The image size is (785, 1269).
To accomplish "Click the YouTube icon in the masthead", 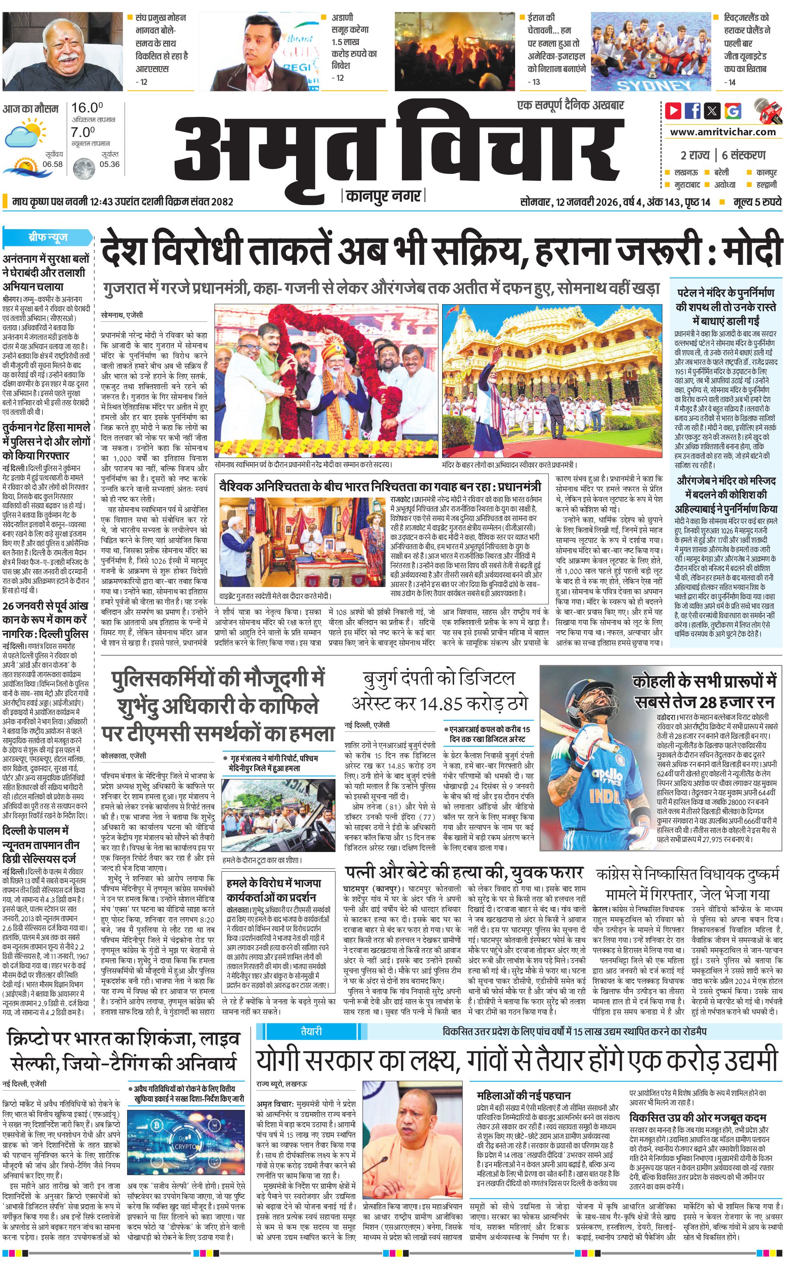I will (x=673, y=111).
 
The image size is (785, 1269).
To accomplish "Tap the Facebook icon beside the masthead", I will (x=693, y=111).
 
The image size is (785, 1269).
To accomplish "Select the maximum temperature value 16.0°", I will (x=87, y=108).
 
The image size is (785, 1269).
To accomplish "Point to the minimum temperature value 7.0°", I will (x=83, y=132).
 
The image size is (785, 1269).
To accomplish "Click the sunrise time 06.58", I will (x=52, y=164).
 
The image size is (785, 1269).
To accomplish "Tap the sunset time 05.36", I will (x=110, y=164).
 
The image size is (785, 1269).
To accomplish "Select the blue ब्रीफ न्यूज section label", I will (x=47, y=238).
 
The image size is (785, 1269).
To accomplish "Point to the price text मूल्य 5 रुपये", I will (x=758, y=202).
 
